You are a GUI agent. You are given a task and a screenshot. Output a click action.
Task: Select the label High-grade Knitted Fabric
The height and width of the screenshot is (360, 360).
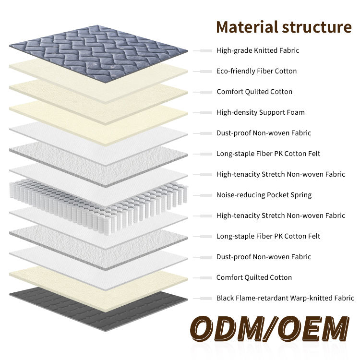(x=258, y=50)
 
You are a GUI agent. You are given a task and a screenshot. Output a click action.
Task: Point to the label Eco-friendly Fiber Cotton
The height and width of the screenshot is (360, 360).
(x=256, y=71)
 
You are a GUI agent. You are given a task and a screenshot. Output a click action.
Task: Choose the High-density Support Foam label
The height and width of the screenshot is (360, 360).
(x=260, y=112)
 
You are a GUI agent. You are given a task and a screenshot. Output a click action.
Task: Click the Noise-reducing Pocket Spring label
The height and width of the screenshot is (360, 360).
(x=264, y=195)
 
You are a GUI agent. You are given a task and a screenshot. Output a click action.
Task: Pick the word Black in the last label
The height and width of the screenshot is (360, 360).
(x=226, y=298)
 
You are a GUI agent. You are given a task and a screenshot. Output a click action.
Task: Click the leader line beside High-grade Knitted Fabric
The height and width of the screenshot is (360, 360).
(x=203, y=50)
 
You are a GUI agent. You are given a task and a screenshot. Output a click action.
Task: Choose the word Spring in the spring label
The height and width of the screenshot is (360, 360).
(x=300, y=195)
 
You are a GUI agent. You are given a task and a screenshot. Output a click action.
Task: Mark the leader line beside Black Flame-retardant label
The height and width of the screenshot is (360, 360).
(x=203, y=298)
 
